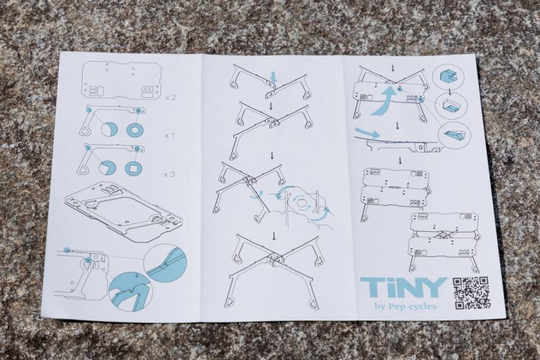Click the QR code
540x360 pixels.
point(471,293)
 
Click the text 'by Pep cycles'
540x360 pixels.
point(405,306)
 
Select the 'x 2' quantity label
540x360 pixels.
point(171,97)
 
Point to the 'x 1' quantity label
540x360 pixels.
point(169,135)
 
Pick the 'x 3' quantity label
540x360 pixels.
point(169,174)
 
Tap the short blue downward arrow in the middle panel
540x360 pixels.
point(274,77)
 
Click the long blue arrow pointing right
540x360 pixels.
point(367,132)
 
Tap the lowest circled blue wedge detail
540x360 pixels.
point(453,133)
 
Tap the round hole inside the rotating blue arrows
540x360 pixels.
point(302,202)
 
